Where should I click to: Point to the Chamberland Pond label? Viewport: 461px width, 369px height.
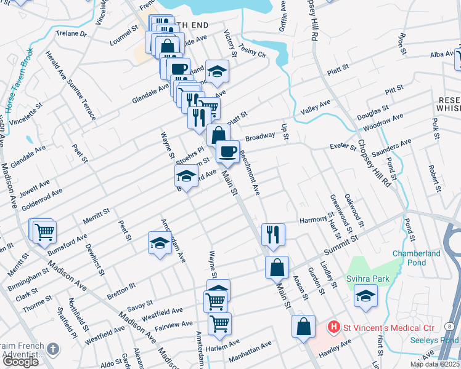(x=417, y=258)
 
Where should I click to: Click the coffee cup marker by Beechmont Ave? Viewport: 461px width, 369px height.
(x=227, y=151)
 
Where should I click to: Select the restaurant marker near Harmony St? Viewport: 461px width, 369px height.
(x=272, y=234)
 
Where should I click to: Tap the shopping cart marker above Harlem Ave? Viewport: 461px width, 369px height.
(x=219, y=323)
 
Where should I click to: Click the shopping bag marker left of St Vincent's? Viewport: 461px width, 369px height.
(x=303, y=326)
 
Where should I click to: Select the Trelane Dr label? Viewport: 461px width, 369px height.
(x=71, y=34)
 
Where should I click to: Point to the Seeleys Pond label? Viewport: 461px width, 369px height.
(x=441, y=340)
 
